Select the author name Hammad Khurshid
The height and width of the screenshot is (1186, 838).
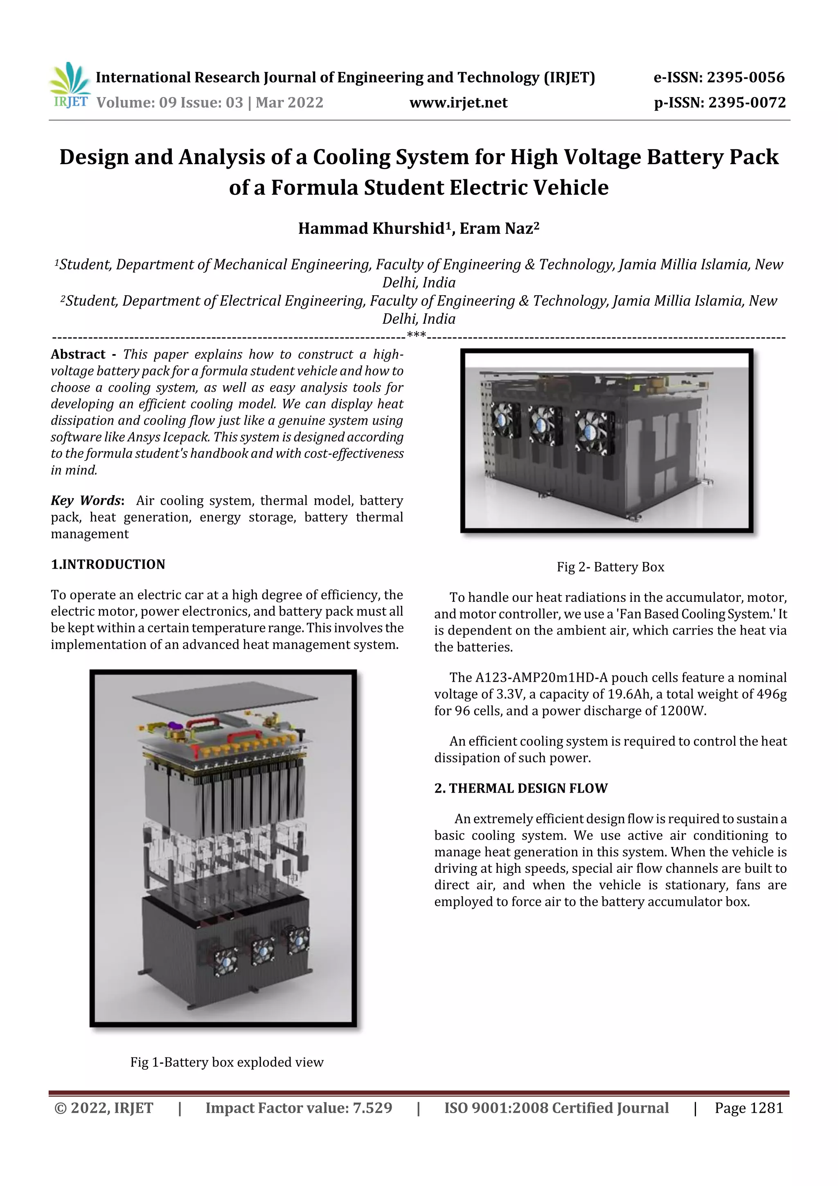click(371, 228)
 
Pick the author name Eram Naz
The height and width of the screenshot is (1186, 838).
click(496, 228)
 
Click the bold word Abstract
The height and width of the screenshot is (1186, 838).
click(78, 355)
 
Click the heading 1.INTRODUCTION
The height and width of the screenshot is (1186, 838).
click(108, 564)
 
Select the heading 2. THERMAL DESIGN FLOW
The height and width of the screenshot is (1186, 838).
click(520, 788)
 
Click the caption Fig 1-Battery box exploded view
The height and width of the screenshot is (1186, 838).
click(227, 1062)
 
